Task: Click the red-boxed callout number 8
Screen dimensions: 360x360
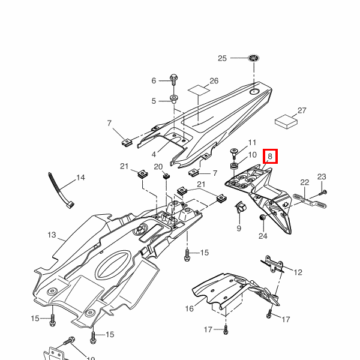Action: (270, 157)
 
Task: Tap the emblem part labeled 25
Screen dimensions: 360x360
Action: (254, 58)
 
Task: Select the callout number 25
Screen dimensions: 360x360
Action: (222, 58)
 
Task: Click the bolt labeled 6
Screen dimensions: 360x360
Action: (173, 79)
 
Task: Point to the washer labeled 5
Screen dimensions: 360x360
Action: (174, 98)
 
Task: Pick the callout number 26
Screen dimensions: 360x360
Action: (214, 81)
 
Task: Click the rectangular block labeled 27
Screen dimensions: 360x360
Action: (287, 120)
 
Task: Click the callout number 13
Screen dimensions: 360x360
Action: (51, 235)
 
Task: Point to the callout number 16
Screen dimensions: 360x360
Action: (189, 309)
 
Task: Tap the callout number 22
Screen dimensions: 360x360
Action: (304, 182)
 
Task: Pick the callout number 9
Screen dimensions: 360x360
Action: (238, 228)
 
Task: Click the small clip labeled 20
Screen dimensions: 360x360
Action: (166, 176)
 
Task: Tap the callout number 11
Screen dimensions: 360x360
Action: (252, 143)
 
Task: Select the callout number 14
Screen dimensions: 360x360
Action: (80, 178)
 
